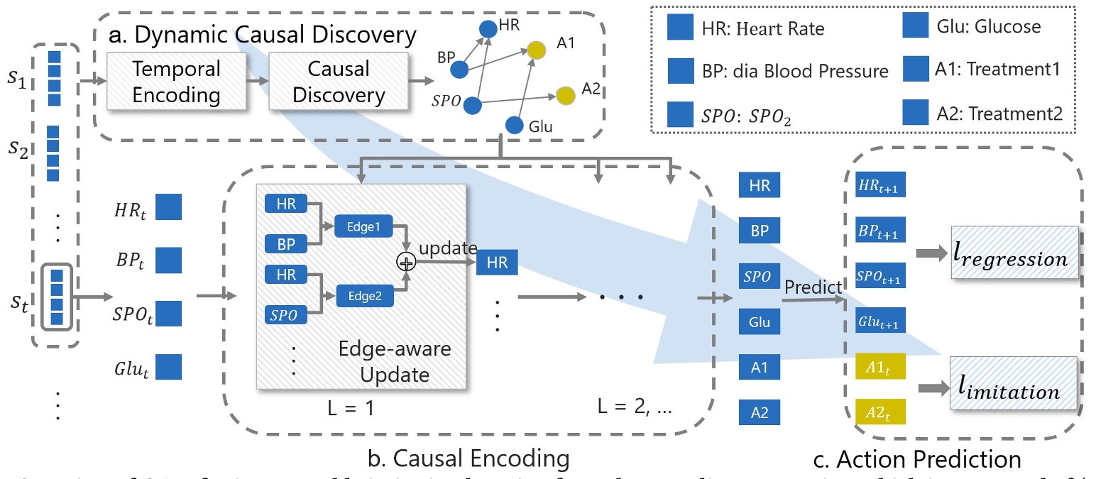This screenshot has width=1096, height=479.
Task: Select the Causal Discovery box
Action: click(339, 82)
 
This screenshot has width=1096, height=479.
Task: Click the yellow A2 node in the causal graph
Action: click(565, 94)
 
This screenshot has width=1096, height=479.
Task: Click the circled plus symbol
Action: click(406, 262)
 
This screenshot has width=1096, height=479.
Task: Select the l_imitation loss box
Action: click(1013, 388)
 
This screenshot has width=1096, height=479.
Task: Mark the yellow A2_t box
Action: click(879, 412)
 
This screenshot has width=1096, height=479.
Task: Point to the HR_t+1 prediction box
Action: click(879, 187)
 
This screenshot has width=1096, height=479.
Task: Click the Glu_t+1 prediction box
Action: click(879, 322)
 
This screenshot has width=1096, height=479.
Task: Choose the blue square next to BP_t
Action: click(168, 260)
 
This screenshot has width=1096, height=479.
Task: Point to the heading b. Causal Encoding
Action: click(468, 458)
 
